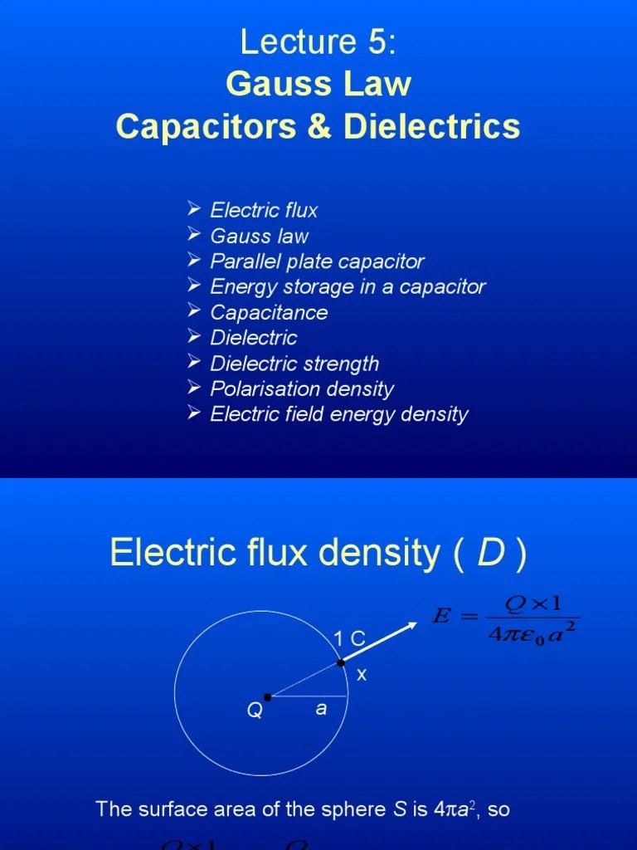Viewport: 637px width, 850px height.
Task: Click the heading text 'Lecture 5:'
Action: point(318,42)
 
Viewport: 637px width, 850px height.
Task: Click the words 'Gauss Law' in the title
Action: point(318,85)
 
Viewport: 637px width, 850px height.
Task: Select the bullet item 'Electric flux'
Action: point(264,210)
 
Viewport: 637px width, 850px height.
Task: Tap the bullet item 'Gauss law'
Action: point(259,236)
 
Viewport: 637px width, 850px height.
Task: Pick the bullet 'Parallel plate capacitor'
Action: point(317,261)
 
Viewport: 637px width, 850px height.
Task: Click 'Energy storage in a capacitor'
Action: point(348,287)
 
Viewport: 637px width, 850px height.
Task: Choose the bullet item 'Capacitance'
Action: point(269,313)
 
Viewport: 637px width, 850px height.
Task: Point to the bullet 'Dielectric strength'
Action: point(294,364)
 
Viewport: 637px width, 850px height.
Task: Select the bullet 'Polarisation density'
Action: point(302,389)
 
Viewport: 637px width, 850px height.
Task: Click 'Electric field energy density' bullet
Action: point(339,414)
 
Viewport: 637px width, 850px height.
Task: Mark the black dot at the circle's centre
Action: point(267,697)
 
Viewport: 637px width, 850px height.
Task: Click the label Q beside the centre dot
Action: point(254,711)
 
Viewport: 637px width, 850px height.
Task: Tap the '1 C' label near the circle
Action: point(349,638)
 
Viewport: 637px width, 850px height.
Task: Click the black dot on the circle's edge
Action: point(341,662)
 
